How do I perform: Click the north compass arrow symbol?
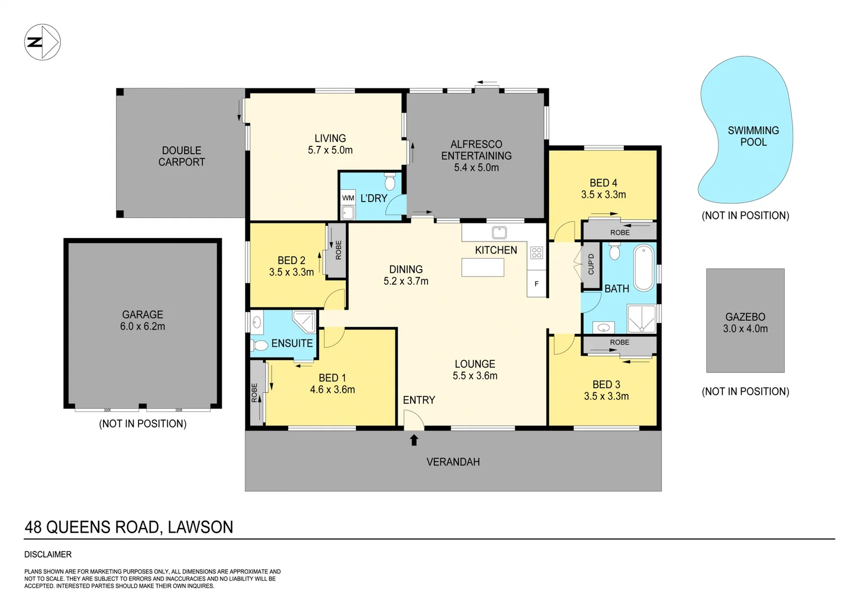42,42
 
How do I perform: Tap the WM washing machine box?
348,198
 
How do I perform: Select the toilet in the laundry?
390,182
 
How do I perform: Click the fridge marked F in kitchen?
536,284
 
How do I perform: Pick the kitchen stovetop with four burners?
536,253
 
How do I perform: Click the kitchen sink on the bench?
499,232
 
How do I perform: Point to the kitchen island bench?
483,267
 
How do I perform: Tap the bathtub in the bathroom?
644,267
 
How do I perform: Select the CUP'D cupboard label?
591,264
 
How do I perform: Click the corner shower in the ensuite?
304,321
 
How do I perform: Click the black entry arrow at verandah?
414,440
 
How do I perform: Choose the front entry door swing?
414,419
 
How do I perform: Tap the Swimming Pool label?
753,136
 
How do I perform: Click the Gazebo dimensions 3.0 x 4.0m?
745,329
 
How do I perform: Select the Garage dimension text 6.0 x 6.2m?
142,327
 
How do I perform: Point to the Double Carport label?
181,156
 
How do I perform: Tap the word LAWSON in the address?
200,527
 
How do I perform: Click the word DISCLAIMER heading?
48,555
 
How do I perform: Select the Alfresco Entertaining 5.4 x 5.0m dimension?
476,168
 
